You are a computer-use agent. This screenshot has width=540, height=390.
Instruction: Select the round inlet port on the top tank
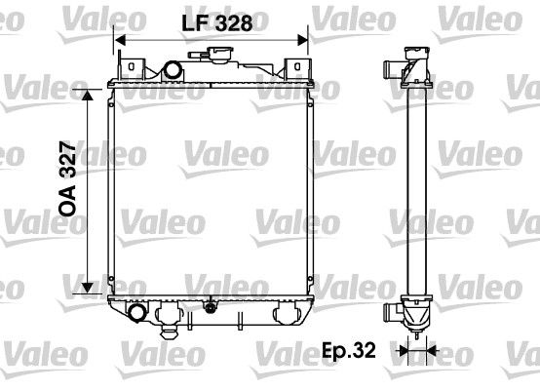pos(174,72)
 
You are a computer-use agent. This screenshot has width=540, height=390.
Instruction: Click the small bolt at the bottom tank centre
pos(208,307)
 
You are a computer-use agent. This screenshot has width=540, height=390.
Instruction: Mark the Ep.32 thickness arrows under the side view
pos(417,348)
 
